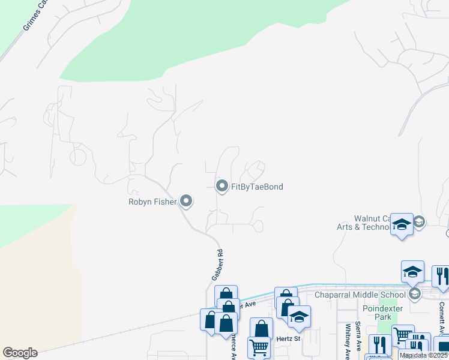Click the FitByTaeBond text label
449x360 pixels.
pyautogui.click(x=257, y=187)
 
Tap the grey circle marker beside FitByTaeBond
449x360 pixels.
pyautogui.click(x=222, y=187)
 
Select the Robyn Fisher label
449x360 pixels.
pyautogui.click(x=152, y=202)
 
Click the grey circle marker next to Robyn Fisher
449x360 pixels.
pyautogui.click(x=186, y=202)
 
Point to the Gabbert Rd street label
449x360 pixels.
pyautogui.click(x=217, y=265)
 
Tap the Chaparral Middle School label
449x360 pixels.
pyautogui.click(x=361, y=295)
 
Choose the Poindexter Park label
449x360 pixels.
pyautogui.click(x=377, y=312)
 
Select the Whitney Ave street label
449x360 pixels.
pyautogui.click(x=348, y=341)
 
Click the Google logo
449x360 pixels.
pyautogui.click(x=20, y=353)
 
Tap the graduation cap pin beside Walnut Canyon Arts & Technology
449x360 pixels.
pyautogui.click(x=402, y=225)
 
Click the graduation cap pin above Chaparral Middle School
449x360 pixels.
pyautogui.click(x=412, y=272)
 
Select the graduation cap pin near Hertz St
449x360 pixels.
pyautogui.click(x=299, y=317)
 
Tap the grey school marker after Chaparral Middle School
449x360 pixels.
pyautogui.click(x=414, y=294)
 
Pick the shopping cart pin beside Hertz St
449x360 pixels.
pyautogui.click(x=259, y=347)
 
